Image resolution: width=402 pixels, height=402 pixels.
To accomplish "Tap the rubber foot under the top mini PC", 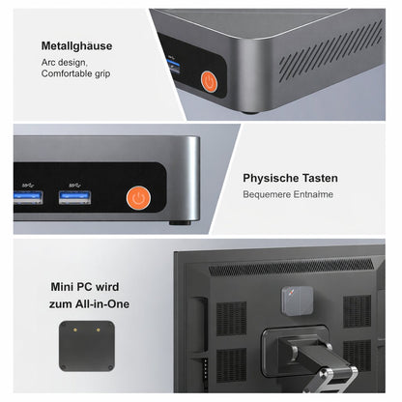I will (251, 109).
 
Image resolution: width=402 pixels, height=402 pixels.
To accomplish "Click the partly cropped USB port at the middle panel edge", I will (26, 197).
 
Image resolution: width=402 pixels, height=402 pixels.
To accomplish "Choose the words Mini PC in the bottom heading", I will (71, 287).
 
